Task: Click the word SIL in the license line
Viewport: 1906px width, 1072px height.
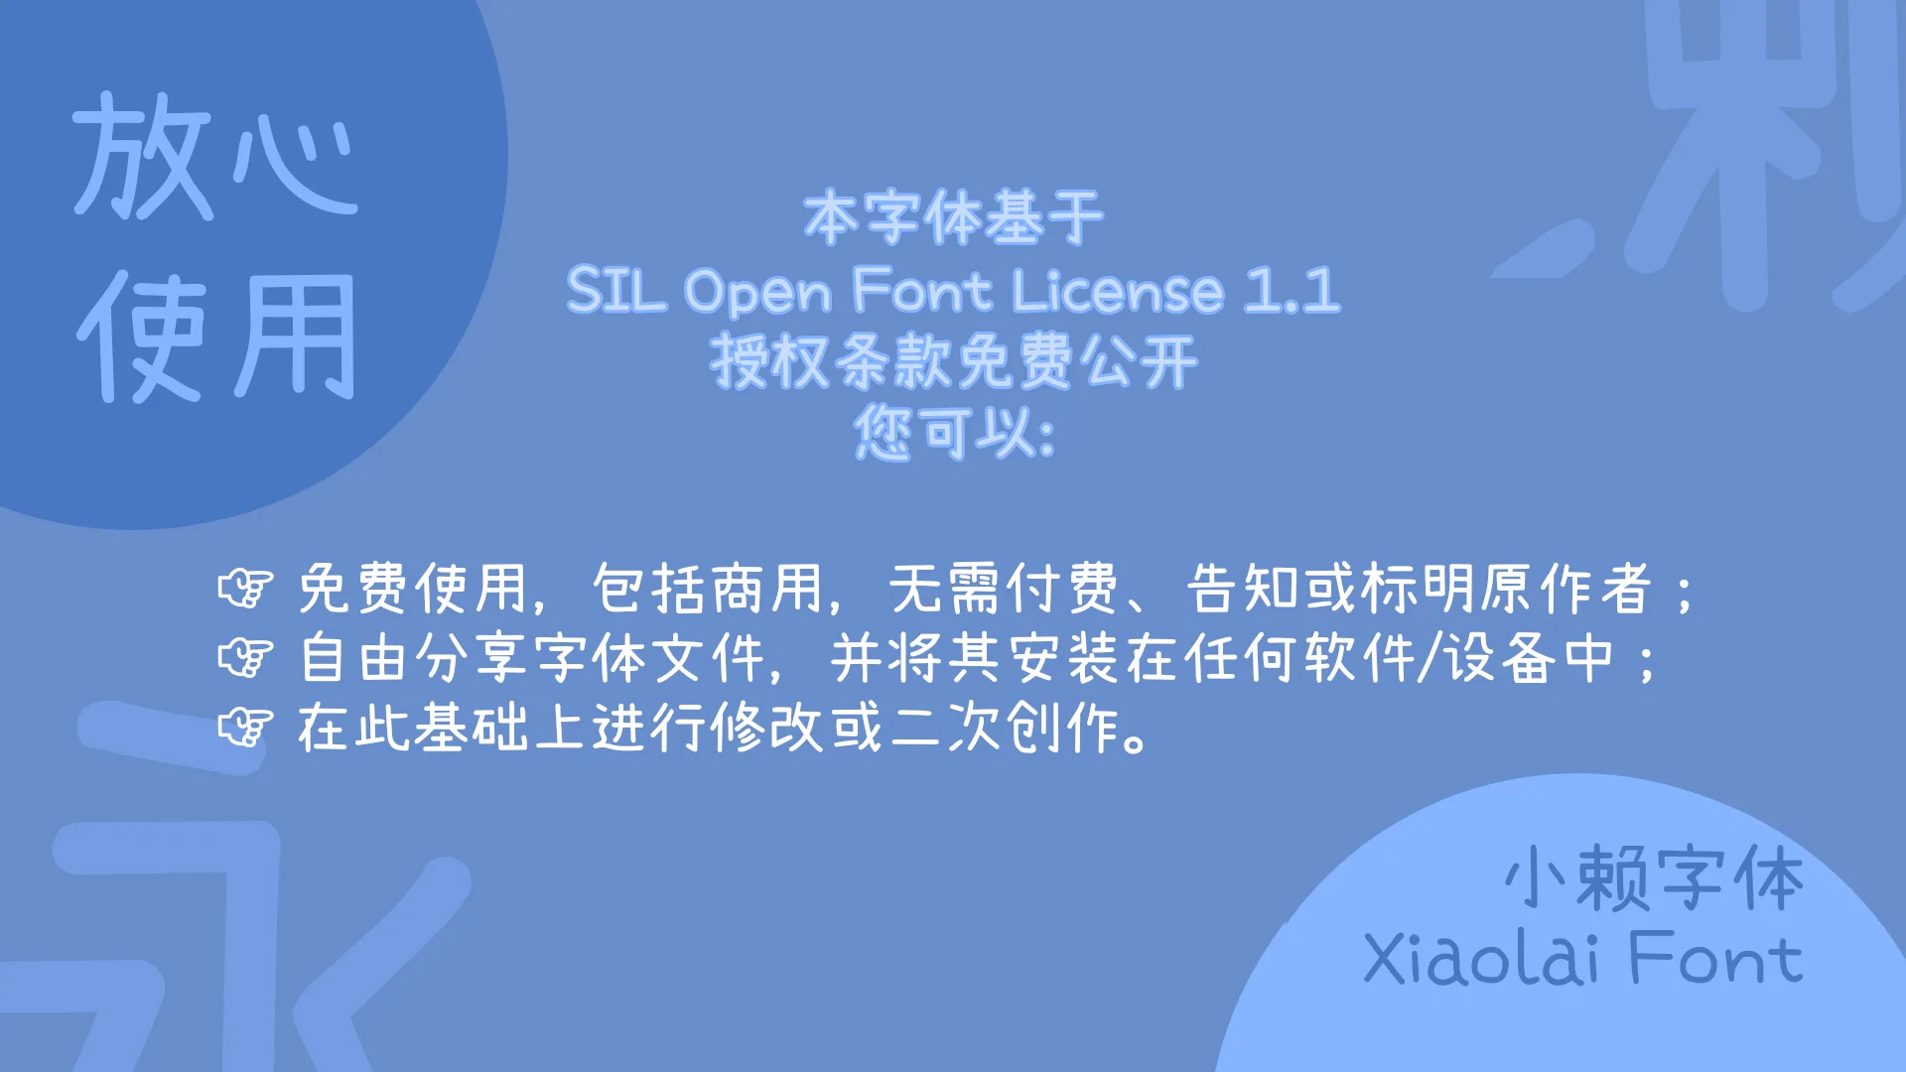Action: click(615, 291)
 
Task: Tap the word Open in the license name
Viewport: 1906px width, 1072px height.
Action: click(758, 293)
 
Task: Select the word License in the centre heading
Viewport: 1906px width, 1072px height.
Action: click(1118, 291)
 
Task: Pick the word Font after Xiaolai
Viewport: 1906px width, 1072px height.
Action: click(1715, 959)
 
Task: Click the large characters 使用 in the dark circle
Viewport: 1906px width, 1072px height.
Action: click(216, 337)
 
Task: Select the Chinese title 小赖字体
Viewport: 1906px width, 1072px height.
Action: click(1654, 878)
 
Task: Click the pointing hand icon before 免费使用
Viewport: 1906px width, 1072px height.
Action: click(245, 589)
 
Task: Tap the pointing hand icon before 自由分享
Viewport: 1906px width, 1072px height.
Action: click(245, 658)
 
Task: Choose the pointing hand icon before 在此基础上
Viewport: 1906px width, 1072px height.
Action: click(245, 728)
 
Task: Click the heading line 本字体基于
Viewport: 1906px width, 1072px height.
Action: click(953, 218)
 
